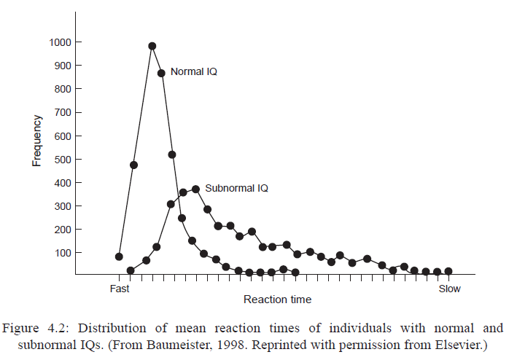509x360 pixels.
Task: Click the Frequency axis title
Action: [36, 140]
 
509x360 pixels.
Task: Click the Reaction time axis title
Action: [277, 300]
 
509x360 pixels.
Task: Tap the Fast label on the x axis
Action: [120, 289]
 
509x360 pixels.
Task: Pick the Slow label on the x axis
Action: [449, 289]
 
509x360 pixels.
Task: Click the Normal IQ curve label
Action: [193, 72]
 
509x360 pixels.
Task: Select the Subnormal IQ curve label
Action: [236, 188]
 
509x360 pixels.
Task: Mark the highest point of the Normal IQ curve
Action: [152, 46]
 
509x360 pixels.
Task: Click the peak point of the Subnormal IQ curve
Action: [195, 189]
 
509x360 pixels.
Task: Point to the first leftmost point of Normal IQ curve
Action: [119, 257]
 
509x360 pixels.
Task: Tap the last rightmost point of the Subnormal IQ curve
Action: [448, 271]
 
